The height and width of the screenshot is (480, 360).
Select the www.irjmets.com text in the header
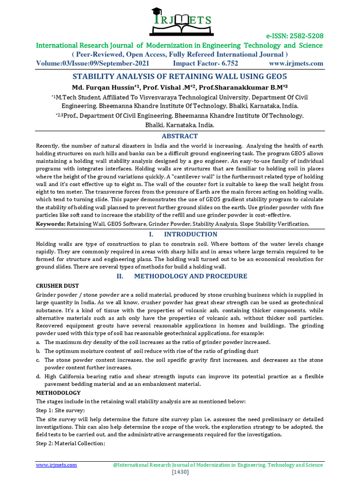tap(296, 63)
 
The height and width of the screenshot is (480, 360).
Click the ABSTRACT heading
tap(180, 136)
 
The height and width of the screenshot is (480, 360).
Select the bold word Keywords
tap(51, 224)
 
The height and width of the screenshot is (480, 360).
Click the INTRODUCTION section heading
tap(189, 234)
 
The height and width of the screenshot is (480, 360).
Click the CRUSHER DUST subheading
tap(57, 285)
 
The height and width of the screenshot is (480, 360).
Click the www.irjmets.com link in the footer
tap(57, 465)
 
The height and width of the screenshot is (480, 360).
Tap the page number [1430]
tap(180, 472)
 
